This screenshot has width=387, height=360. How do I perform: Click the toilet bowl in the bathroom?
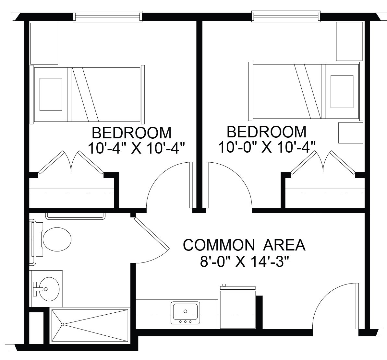point(57,239)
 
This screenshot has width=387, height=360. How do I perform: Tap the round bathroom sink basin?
point(49,289)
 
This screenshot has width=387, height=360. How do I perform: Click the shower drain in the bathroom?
point(63,324)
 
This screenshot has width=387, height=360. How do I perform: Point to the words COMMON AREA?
point(244,245)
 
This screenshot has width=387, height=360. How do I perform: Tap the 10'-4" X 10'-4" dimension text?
point(136,149)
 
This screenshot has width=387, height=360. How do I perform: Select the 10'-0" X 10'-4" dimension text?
point(267,147)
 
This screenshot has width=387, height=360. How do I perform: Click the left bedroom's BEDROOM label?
point(132,133)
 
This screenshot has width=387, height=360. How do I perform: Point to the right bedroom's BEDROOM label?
point(267,132)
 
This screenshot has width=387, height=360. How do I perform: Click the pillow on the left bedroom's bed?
point(51,94)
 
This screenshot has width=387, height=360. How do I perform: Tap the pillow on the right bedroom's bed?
point(342,91)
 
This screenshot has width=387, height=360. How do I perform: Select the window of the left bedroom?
point(108,16)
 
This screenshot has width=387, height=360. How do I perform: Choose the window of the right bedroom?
point(286,16)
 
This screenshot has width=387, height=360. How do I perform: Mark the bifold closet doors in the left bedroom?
point(71,162)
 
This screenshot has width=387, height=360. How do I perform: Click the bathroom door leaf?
point(151,233)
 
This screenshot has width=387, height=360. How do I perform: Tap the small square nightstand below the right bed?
point(351,133)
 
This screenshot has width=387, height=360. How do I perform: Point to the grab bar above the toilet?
point(75,216)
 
